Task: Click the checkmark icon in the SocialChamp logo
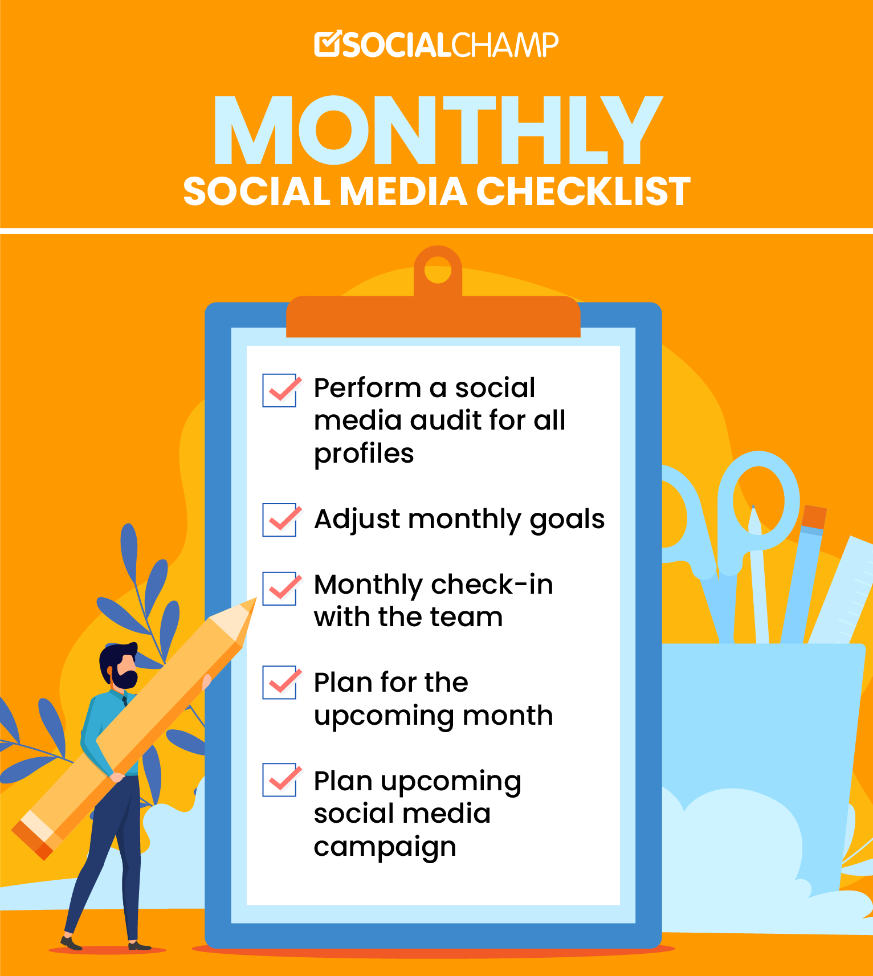[327, 44]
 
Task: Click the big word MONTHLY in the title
[437, 130]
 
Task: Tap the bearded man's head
[120, 665]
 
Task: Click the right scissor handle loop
[758, 501]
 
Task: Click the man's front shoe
[71, 943]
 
